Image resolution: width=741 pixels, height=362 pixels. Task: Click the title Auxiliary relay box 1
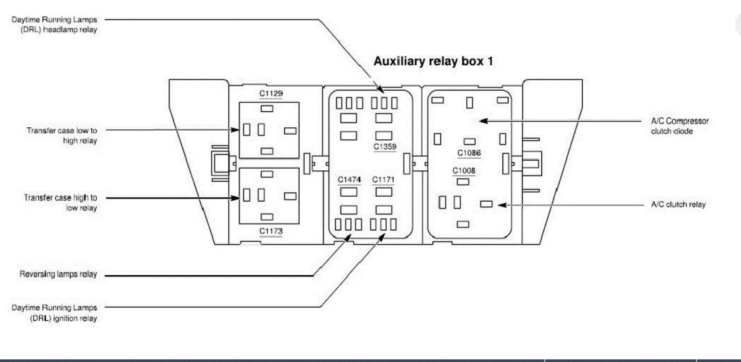click(433, 61)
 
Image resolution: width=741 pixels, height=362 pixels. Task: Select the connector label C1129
click(271, 93)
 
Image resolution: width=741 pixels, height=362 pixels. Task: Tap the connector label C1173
click(271, 231)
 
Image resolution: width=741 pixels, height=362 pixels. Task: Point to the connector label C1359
click(385, 147)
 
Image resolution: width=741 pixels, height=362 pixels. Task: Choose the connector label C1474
click(349, 179)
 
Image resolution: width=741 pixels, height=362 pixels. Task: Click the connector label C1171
click(383, 179)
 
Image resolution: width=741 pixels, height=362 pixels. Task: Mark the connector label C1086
click(469, 153)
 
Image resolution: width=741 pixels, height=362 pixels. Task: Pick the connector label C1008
click(464, 170)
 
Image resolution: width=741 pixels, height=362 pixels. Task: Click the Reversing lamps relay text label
click(58, 274)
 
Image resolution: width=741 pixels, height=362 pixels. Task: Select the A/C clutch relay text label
click(678, 205)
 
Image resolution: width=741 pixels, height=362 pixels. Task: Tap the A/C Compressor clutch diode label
click(679, 126)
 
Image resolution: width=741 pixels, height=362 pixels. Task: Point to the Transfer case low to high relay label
click(62, 135)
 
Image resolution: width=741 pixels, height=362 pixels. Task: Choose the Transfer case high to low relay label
click(60, 202)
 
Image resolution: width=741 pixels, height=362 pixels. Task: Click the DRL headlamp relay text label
click(54, 25)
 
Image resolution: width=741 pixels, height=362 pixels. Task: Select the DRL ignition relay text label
click(54, 313)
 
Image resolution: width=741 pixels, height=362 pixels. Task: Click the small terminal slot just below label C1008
click(463, 182)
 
